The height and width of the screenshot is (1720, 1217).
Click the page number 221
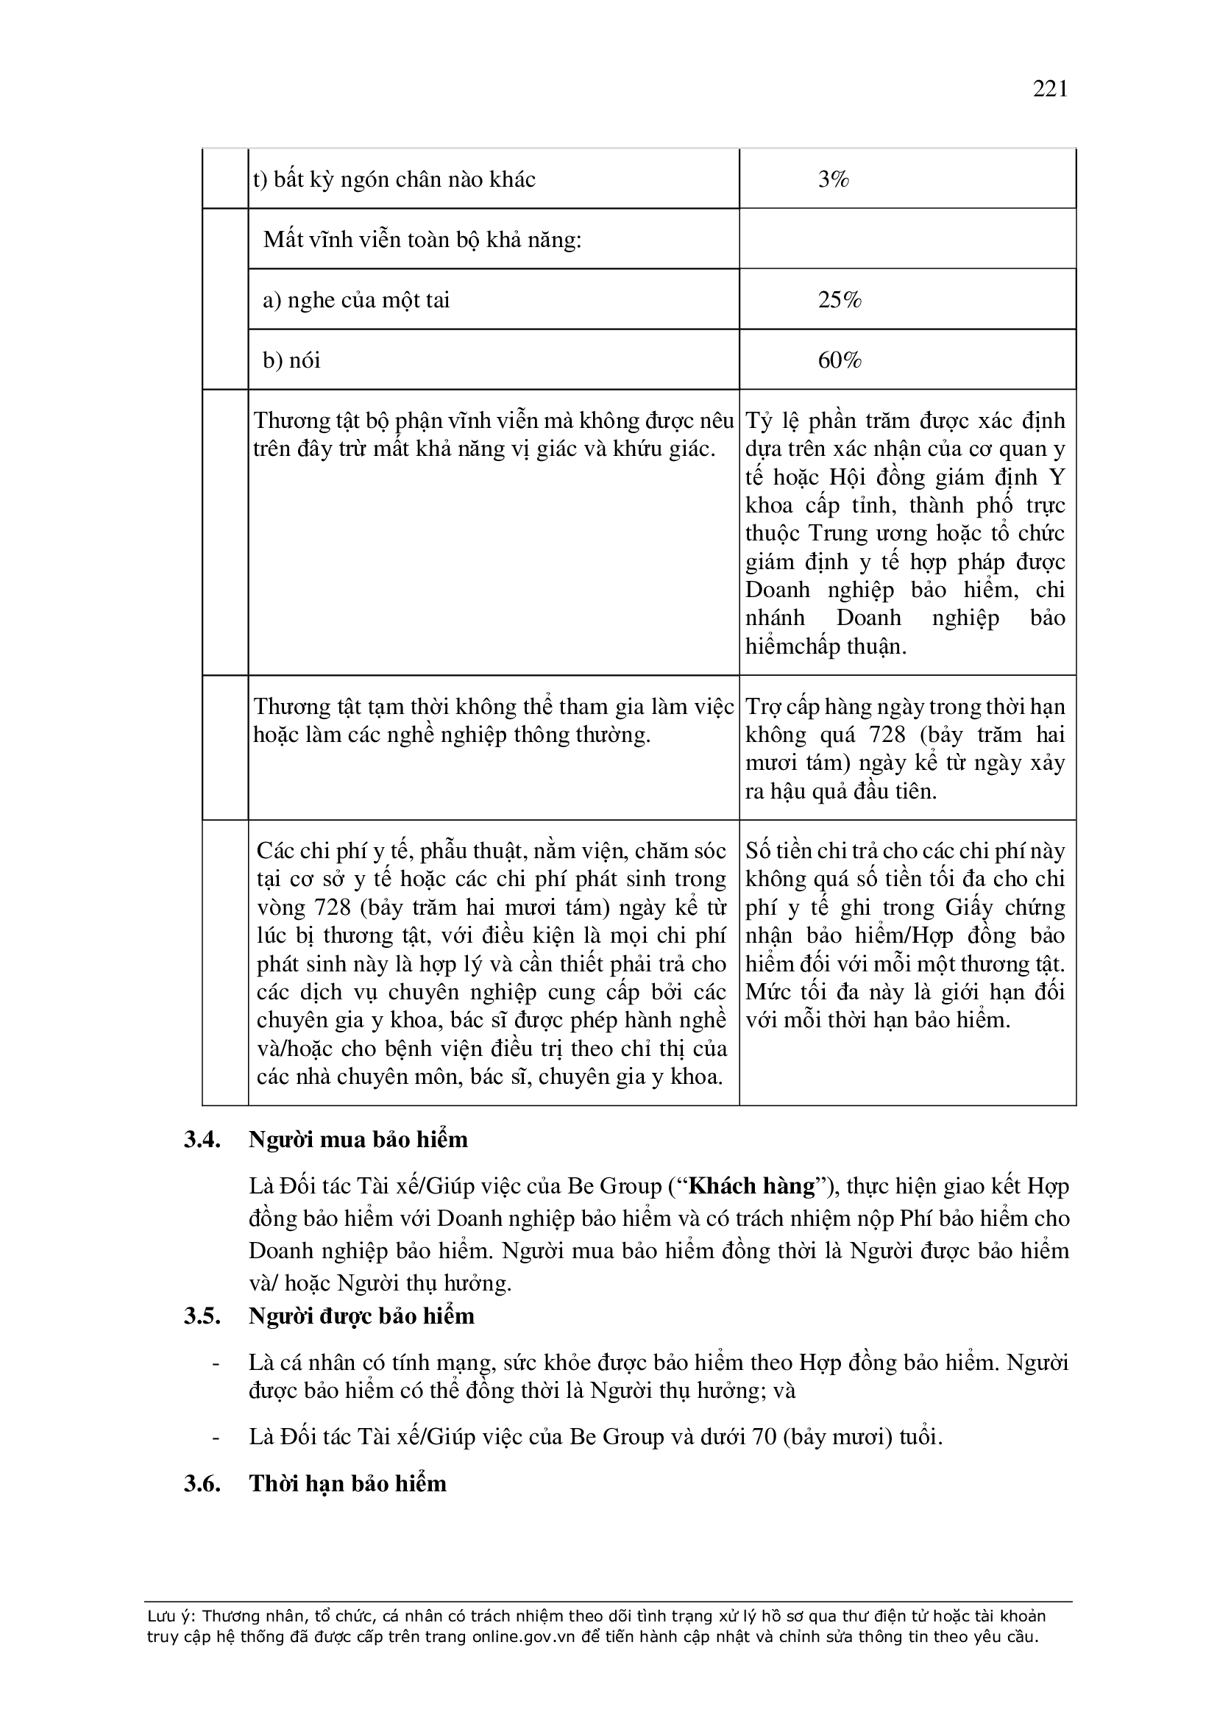(1049, 89)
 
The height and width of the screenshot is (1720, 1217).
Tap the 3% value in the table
(834, 179)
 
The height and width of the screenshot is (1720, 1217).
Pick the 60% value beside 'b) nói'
(840, 361)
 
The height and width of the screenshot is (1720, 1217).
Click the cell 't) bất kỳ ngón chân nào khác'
(394, 179)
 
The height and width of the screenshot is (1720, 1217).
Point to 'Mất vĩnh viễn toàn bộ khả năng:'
(422, 240)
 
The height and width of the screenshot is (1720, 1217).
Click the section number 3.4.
(202, 1139)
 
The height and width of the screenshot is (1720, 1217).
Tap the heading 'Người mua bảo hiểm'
(358, 1139)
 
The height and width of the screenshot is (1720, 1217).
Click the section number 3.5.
(202, 1316)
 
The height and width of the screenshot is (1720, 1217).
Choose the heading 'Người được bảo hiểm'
(361, 1316)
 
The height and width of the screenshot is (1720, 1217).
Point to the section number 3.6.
(202, 1483)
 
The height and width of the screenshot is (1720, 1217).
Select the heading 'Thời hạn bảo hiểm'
(348, 1483)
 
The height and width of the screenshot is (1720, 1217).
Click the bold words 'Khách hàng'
(752, 1186)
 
